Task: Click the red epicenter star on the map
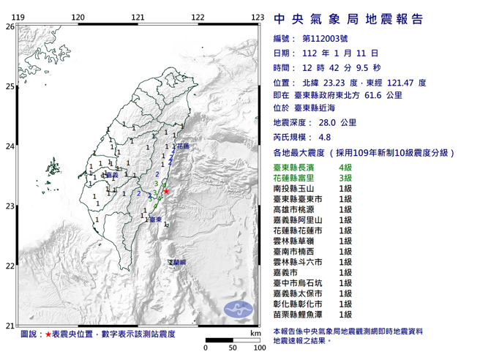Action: point(167,192)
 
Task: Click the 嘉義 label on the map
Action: point(111,176)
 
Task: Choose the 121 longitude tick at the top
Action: point(138,16)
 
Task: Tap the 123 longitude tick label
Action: point(257,16)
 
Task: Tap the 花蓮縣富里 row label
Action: point(296,178)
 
